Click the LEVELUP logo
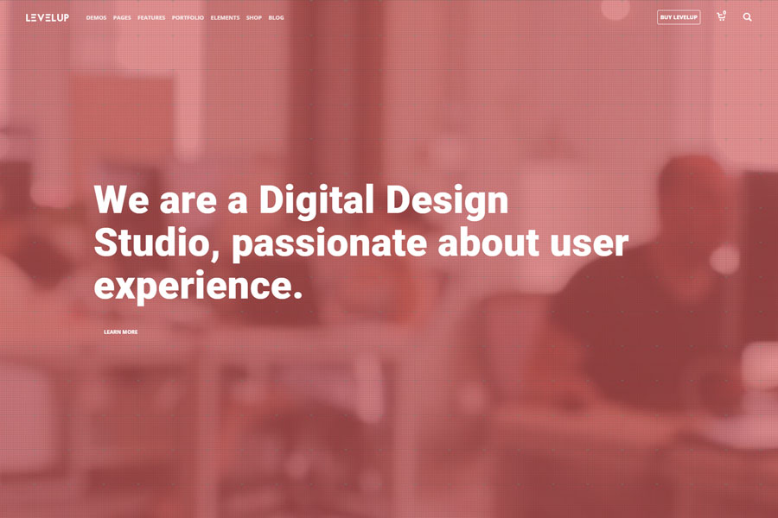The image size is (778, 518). click(48, 17)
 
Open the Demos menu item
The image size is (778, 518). click(96, 18)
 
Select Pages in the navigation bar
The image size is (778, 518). click(122, 18)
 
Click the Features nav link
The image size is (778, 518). click(151, 18)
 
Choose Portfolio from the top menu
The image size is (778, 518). click(188, 18)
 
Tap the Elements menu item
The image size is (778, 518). click(225, 18)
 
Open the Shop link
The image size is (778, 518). click(254, 18)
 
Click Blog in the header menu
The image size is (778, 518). click(277, 18)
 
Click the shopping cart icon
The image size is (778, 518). click(722, 17)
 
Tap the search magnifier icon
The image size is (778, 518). click(747, 17)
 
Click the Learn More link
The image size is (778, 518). click(120, 332)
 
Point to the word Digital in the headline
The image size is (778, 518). click(316, 200)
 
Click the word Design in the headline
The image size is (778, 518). click(447, 200)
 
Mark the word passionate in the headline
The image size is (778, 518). click(329, 243)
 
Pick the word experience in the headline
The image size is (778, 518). click(198, 287)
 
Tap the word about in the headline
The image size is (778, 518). click(488, 243)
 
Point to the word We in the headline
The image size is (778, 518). click(122, 199)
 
